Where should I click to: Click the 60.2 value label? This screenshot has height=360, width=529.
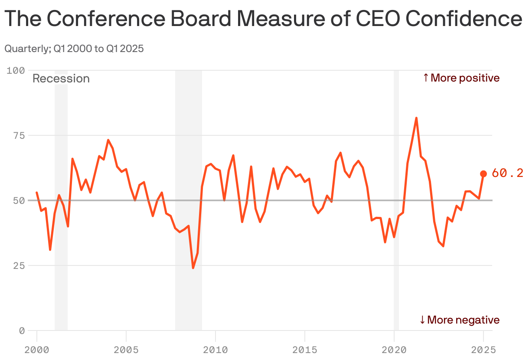tap(507, 173)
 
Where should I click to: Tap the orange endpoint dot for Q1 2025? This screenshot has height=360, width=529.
tap(483, 174)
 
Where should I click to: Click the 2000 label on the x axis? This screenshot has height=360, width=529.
tap(37, 350)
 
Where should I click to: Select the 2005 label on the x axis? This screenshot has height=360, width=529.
tap(126, 350)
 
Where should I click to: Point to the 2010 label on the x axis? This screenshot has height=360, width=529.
tap(216, 350)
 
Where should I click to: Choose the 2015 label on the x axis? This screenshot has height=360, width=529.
tap(305, 350)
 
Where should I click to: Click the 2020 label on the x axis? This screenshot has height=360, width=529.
tap(394, 350)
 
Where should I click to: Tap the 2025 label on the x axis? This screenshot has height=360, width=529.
tap(483, 350)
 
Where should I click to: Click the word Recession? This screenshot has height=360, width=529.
tap(61, 79)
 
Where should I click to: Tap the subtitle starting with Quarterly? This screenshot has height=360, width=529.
tap(74, 49)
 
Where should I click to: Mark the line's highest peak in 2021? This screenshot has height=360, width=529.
tap(416, 118)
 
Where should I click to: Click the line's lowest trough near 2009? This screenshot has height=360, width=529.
tap(193, 268)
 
